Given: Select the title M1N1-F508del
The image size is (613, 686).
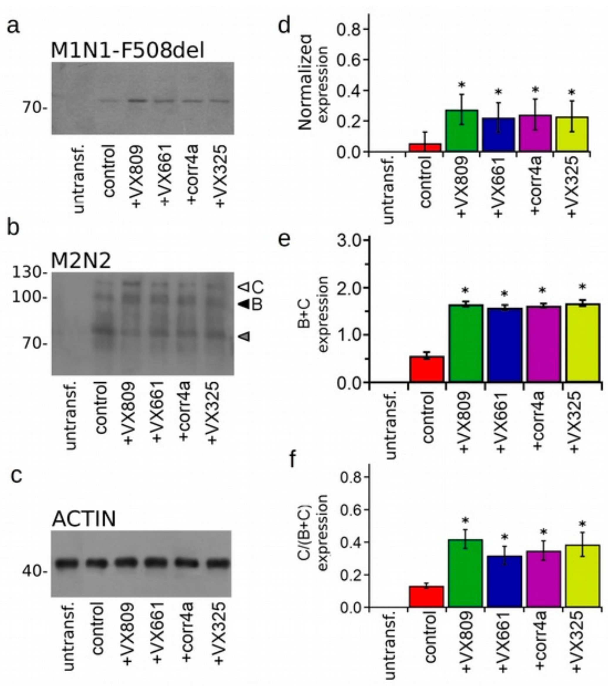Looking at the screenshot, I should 127,51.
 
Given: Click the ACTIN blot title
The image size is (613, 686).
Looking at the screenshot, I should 84,519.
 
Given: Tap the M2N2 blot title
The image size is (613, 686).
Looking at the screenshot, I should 81,260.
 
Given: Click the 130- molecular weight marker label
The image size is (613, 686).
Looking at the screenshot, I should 29,272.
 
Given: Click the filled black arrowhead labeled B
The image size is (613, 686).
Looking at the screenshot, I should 244,304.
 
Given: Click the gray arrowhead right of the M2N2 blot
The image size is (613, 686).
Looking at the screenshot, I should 245,336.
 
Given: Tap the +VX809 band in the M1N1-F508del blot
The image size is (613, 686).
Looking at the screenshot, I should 137,100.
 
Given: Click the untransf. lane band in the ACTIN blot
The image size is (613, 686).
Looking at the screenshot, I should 67,563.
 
